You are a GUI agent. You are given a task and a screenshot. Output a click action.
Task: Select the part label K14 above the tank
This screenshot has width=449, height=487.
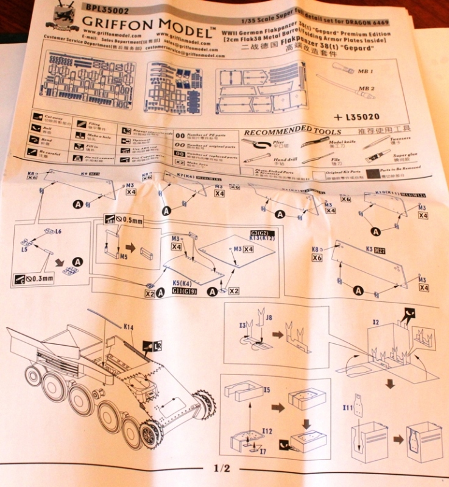click(129, 328)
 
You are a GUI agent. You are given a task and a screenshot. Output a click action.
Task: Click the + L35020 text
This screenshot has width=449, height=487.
click(356, 116)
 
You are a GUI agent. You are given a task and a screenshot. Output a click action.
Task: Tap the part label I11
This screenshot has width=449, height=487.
click(348, 407)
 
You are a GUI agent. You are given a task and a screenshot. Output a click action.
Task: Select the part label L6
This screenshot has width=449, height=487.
click(58, 232)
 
